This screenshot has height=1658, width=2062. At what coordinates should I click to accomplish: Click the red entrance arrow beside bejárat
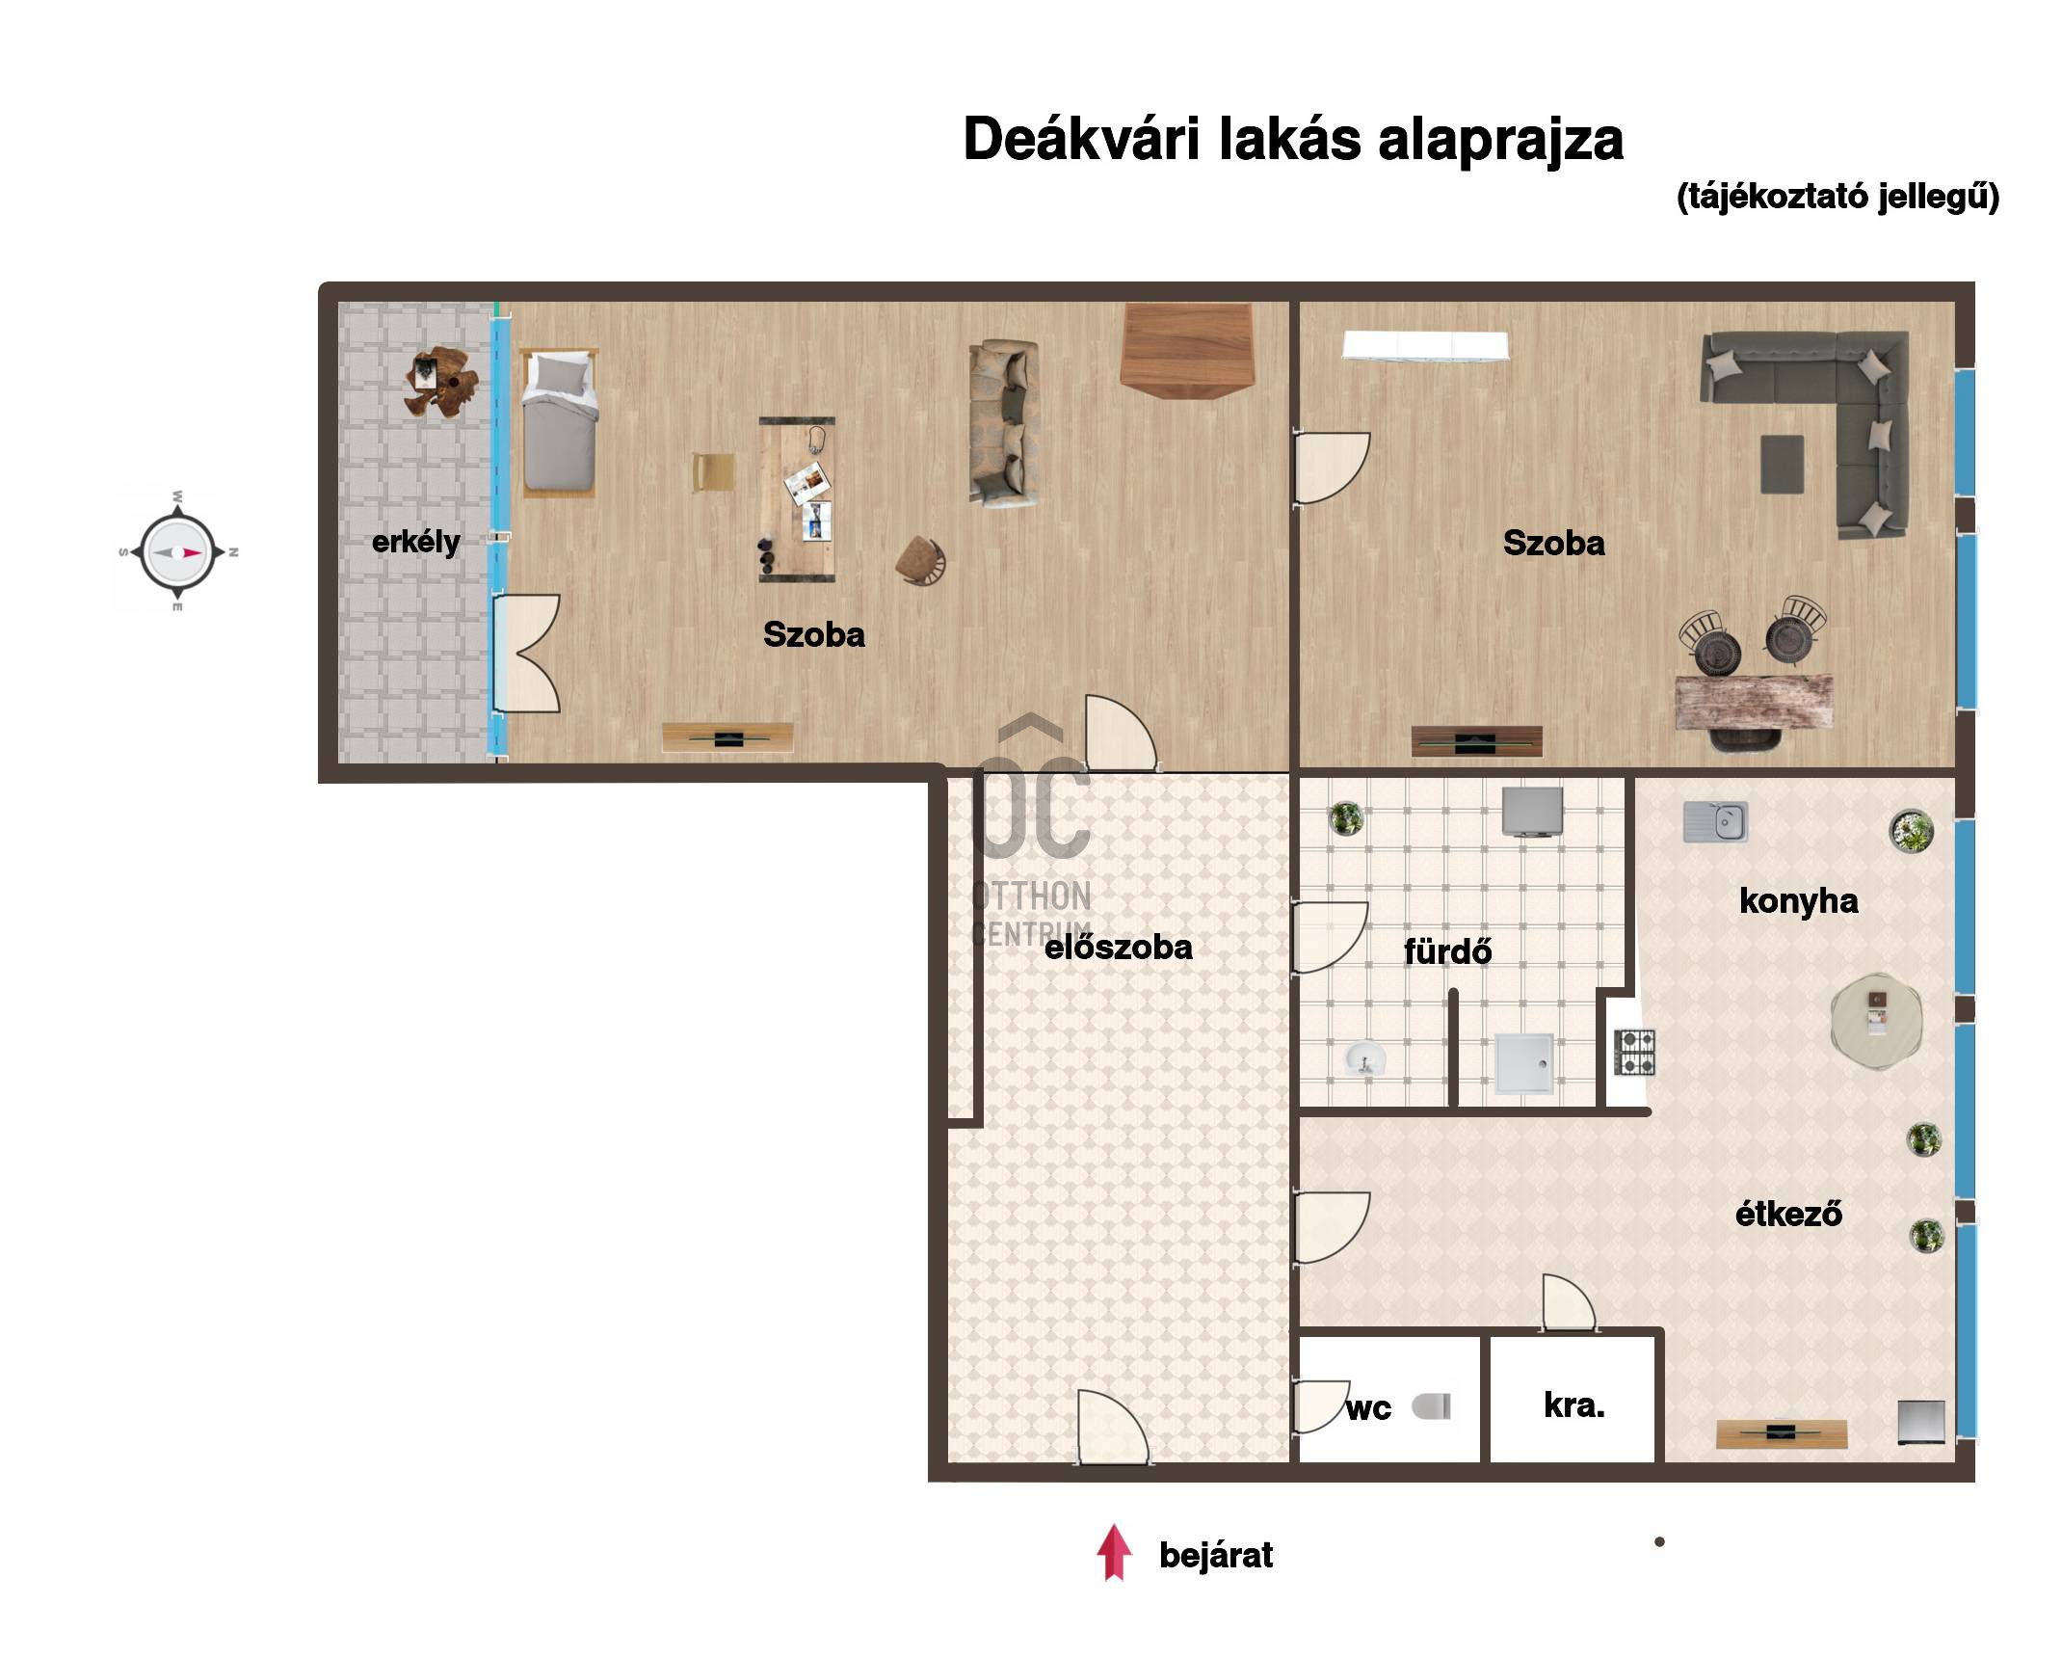(x=1114, y=1552)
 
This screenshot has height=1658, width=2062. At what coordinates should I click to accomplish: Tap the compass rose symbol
(x=177, y=552)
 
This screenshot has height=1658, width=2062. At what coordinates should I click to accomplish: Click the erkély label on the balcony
(x=415, y=543)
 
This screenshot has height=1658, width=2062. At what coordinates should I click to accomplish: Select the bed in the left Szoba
(x=559, y=422)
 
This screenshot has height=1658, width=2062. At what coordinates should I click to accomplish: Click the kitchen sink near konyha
(x=1715, y=822)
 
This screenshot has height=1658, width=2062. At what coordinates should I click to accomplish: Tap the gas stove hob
(x=1635, y=1053)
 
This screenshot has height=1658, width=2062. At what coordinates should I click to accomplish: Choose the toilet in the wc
(x=1432, y=1406)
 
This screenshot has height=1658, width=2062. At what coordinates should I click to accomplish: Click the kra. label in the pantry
(x=1574, y=1405)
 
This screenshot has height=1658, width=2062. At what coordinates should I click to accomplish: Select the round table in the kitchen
(x=1876, y=1022)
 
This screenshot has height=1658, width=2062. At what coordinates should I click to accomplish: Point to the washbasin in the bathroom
(x=1364, y=1058)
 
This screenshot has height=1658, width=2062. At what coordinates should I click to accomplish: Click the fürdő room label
(x=1447, y=951)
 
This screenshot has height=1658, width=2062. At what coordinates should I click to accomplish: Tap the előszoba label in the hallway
(x=1118, y=948)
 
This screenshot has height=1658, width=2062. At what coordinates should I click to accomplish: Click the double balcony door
(x=526, y=654)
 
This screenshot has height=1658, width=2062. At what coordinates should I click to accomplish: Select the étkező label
(x=1788, y=1214)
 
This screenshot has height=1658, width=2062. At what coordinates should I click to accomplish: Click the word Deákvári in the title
(x=1082, y=140)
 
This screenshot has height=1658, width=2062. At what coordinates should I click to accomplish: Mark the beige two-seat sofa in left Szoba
(x=1005, y=421)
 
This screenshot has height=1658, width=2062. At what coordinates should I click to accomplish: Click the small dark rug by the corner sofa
(x=1783, y=465)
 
